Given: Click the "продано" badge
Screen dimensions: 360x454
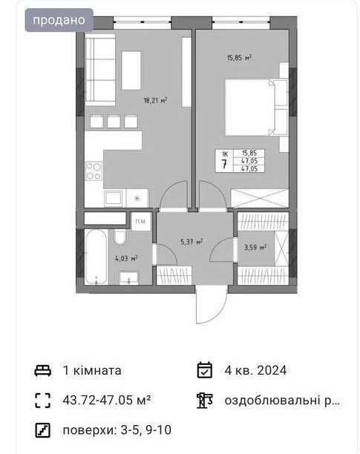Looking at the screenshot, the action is pos(59,20).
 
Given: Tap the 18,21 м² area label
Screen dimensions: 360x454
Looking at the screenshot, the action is pos(156,100).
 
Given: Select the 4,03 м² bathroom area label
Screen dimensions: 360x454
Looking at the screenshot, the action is pos(126,258).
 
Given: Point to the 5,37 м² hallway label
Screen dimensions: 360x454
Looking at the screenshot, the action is pos(192,242).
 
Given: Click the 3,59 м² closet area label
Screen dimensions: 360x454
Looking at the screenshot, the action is pos(255,247).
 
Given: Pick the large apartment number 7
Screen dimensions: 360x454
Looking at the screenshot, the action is pos(224,164).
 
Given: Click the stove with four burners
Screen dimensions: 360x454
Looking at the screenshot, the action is pos(94,171).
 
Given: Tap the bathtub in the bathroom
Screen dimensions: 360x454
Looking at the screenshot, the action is pos(96,257).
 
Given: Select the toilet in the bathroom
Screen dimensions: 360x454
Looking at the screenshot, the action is pos(120,237).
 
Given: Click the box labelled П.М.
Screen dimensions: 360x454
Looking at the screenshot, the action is pos(141,222).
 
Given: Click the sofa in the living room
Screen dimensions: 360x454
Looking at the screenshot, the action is pos(100,70).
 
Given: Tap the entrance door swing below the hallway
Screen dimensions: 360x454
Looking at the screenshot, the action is pos(212,305).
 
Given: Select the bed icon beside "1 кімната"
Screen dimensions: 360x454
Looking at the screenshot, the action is pos(43,371).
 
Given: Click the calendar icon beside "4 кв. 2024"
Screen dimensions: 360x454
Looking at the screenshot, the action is pos(204,370).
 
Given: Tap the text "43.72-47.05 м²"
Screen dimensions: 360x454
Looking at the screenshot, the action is pos(107,400).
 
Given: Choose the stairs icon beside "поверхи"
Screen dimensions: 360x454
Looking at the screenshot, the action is pos(43,430).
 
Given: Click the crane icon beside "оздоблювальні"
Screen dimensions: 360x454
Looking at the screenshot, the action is pos(204,401).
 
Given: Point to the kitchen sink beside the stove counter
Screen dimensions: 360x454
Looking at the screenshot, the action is pos(114,198).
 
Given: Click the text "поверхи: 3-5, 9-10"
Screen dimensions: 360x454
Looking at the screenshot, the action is pos(117,430).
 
